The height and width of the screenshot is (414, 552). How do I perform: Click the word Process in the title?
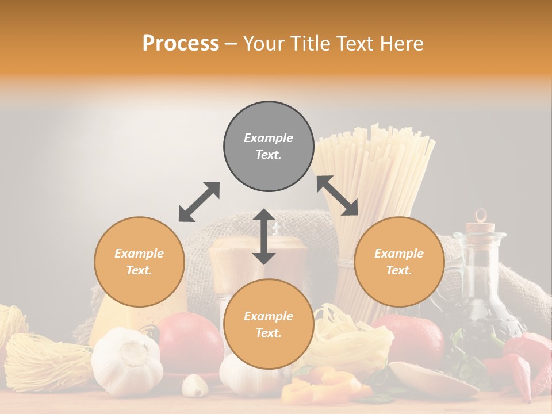point(181,44)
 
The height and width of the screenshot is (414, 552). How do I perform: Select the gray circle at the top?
point(269,147)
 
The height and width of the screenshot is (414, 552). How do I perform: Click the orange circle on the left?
point(139,262)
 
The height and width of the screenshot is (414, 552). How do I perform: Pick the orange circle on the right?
point(399,262)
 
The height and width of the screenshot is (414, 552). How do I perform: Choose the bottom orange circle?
point(269,324)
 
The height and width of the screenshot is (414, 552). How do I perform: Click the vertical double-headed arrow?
point(264,236)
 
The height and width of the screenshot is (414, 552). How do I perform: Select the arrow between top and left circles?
point(199,202)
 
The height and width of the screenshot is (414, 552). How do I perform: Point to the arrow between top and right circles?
point(338,195)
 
